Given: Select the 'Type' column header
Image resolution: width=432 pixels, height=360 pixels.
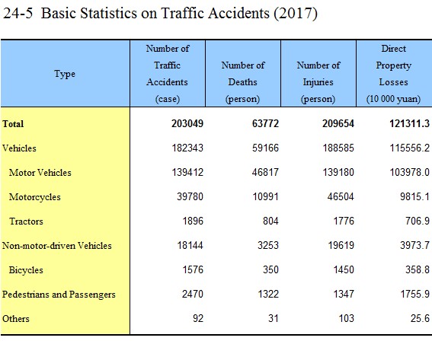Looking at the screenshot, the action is [65, 74].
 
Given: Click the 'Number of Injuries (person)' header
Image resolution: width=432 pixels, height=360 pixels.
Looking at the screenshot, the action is [318, 82].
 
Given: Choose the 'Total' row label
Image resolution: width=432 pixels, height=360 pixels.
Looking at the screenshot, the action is [13, 124].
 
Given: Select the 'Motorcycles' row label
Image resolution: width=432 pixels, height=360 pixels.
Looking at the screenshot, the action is [35, 197].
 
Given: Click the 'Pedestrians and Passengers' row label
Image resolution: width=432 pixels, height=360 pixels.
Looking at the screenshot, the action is [59, 295].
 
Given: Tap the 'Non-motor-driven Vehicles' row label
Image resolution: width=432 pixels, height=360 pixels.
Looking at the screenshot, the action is [56, 246].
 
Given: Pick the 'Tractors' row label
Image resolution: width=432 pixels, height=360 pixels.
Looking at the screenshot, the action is [26, 221].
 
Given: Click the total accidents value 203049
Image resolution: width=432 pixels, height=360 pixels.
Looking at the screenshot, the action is [187, 123].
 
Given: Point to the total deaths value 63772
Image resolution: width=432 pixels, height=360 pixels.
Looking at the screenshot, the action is [265, 123].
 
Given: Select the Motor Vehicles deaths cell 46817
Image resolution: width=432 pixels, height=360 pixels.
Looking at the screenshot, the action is [265, 172].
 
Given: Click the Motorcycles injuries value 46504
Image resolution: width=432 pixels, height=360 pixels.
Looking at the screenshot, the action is [341, 197].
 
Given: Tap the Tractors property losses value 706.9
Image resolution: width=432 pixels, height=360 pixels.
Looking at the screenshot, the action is [417, 221].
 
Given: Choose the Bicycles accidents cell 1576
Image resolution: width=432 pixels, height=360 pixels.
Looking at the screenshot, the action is [193, 269].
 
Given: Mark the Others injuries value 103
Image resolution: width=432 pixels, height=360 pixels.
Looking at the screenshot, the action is [347, 318].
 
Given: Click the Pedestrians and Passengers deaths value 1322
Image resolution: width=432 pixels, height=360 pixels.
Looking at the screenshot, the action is [268, 295].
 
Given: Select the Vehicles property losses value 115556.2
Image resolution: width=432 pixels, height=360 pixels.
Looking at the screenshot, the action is [409, 148].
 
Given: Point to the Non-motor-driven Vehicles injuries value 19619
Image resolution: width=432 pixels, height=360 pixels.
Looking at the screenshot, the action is [341, 245].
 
